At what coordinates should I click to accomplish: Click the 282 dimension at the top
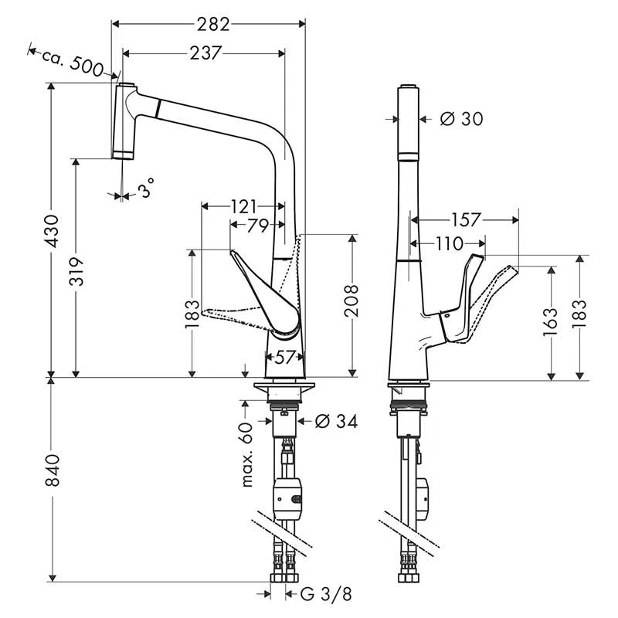(x=213, y=24)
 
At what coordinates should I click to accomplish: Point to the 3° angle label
(x=146, y=188)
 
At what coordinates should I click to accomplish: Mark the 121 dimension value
(x=243, y=206)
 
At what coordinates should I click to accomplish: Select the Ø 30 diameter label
(x=460, y=119)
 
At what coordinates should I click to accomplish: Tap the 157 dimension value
(x=465, y=220)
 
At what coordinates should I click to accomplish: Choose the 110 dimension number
(x=449, y=244)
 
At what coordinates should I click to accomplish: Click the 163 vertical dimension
(x=550, y=318)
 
